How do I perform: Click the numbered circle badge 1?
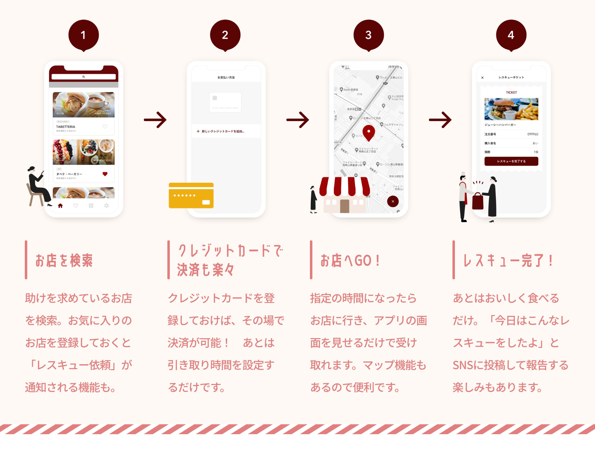(83, 35)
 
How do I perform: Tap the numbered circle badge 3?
(368, 35)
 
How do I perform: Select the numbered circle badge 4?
(511, 35)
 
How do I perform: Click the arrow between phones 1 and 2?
(155, 120)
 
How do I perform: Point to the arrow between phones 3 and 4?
(440, 120)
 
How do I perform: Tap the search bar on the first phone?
(84, 76)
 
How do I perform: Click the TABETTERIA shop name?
(66, 127)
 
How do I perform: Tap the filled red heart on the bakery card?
(105, 174)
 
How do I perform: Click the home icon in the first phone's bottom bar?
(60, 206)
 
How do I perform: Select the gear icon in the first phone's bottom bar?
(107, 206)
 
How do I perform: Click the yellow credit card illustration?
(191, 195)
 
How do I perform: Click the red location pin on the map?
(368, 133)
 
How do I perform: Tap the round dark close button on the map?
(393, 202)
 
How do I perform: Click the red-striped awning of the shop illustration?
(345, 186)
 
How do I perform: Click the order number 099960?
(533, 134)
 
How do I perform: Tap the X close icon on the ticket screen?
(483, 77)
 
